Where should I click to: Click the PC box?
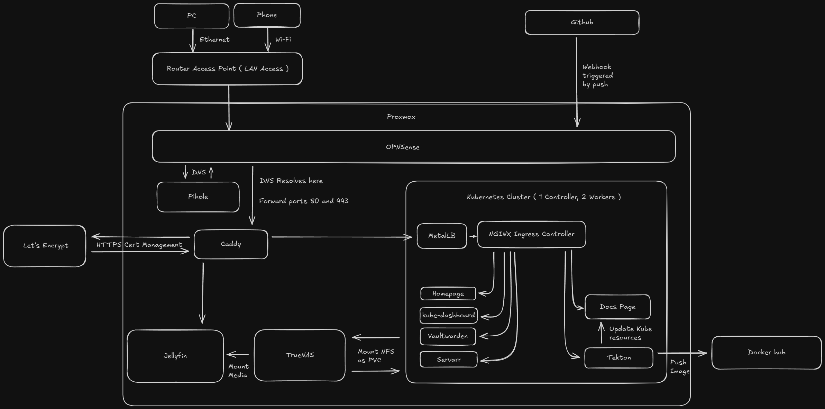[x=192, y=16]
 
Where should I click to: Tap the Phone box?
[x=267, y=15]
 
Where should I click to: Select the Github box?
[x=582, y=22]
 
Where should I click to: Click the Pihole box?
[x=198, y=197]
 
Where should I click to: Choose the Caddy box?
[x=231, y=244]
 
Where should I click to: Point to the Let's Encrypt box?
[x=45, y=246]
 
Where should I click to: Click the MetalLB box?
[x=442, y=236]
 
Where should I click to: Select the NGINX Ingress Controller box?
[x=531, y=234]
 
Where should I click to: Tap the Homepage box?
[x=448, y=294]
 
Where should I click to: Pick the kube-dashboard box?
[x=448, y=315]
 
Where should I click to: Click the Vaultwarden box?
[x=448, y=336]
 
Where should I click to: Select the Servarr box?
[x=449, y=360]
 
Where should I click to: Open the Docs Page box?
[x=617, y=307]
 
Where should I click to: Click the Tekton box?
[x=618, y=358]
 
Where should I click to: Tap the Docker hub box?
[x=766, y=353]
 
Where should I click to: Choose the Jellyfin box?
[x=175, y=356]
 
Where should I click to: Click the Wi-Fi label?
[x=283, y=39]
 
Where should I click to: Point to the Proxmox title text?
[x=401, y=117]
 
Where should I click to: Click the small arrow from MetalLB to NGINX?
[x=473, y=236]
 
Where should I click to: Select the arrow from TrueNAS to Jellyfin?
[x=238, y=354]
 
